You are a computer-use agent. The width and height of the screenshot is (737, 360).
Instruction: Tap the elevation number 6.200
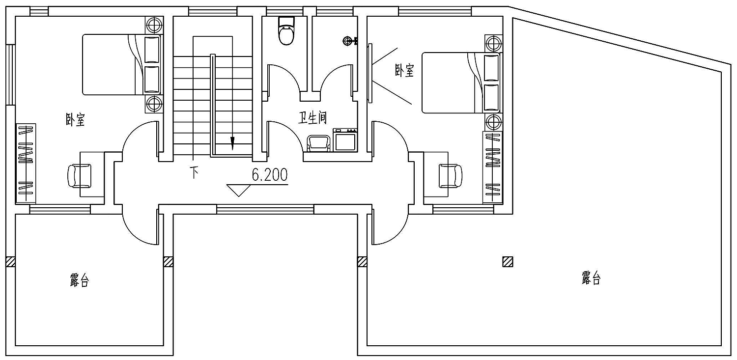click(269, 175)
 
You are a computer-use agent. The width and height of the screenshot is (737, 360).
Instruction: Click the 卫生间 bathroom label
click(312, 118)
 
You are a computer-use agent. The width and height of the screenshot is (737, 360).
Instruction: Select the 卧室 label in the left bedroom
click(75, 120)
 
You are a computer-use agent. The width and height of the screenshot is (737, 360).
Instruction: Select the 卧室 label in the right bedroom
click(404, 71)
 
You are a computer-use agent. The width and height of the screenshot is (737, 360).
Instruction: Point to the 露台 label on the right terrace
click(591, 278)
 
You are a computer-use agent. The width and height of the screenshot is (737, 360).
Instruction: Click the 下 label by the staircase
click(194, 172)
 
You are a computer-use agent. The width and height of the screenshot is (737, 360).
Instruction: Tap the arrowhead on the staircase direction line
click(232, 143)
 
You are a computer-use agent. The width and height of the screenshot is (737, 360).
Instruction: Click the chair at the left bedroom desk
click(79, 176)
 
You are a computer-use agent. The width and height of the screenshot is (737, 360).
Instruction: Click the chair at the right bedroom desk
click(451, 176)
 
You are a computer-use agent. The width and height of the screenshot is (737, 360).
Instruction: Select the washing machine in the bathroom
click(345, 140)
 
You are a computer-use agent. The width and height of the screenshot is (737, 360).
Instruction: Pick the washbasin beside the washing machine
click(318, 144)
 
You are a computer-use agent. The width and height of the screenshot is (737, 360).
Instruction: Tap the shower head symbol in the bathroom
click(350, 41)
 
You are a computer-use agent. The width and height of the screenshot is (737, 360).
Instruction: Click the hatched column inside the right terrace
click(508, 262)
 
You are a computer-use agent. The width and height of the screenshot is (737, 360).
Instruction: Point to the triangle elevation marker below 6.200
click(239, 191)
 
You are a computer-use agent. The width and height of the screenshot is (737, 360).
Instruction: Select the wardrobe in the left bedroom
click(26, 164)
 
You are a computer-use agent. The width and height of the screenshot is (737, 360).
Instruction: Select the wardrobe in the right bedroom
click(492, 167)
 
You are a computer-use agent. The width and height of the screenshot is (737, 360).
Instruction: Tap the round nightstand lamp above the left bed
click(154, 25)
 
